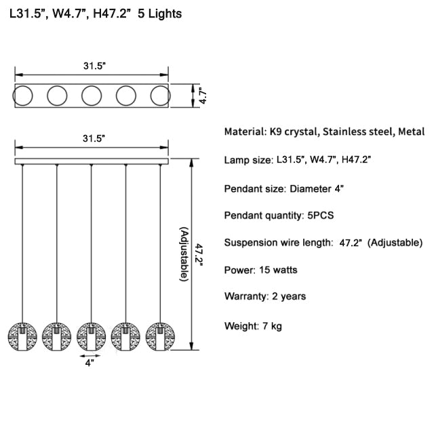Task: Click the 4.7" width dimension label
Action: [203, 96]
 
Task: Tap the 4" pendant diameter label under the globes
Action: [90, 363]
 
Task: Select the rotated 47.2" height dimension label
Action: [199, 255]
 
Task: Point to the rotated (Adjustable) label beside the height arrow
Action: [184, 254]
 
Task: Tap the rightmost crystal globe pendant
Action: [160, 336]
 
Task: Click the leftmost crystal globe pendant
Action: [22, 336]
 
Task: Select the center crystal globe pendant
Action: [91, 336]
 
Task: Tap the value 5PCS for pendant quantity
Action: [321, 216]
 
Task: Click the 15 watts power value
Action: [278, 270]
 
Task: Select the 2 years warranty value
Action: [289, 296]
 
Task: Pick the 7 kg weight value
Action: [273, 326]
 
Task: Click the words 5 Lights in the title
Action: [160, 14]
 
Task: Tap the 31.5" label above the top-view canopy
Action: [95, 66]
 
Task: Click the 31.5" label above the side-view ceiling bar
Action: [94, 138]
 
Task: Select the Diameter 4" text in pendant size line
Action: [317, 189]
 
